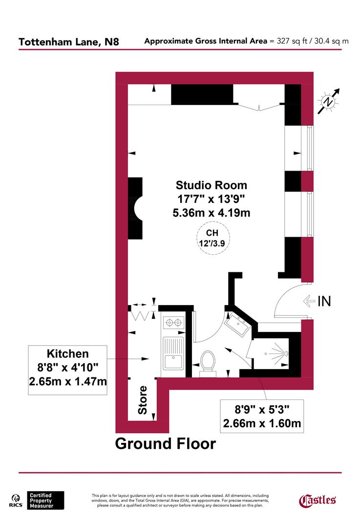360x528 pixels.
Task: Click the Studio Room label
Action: tap(211, 185)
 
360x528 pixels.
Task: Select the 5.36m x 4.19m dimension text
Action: tap(211, 213)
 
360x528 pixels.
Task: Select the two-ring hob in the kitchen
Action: tap(173, 323)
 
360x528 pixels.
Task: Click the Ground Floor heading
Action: tap(165, 443)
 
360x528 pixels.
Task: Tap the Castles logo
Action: tap(317, 500)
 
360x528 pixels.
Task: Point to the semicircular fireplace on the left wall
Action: tap(136, 208)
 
